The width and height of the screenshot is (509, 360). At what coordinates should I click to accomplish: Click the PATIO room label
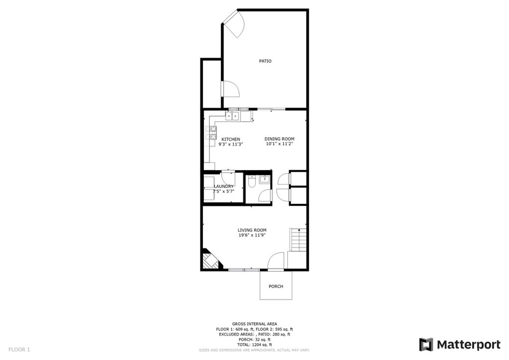(x=265, y=61)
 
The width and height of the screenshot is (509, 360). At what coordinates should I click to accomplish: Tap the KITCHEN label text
(x=231, y=139)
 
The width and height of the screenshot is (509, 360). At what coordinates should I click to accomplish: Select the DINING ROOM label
(x=279, y=139)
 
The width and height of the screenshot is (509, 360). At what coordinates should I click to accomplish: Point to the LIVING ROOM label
(x=252, y=230)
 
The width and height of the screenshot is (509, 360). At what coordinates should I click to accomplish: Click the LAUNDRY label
(x=224, y=186)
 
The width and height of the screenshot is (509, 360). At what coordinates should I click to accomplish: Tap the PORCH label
(x=275, y=286)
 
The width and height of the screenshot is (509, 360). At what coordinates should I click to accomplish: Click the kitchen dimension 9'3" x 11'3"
(x=231, y=144)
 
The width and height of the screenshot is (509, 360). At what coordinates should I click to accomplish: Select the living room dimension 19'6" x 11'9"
(x=252, y=235)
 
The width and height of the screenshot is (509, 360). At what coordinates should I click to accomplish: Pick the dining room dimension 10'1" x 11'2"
(x=279, y=144)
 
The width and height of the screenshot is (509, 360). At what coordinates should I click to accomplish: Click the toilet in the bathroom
(x=251, y=182)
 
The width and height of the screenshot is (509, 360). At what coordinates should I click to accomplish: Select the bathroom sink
(x=264, y=179)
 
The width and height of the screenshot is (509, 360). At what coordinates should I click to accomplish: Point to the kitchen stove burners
(x=210, y=133)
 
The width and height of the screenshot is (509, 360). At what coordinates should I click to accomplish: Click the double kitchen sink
(x=233, y=115)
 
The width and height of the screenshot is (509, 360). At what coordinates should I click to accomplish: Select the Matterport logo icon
(x=426, y=345)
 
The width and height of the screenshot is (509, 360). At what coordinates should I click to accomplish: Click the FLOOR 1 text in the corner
(x=19, y=350)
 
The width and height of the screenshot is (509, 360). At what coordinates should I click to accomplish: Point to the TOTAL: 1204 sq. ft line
(x=254, y=345)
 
